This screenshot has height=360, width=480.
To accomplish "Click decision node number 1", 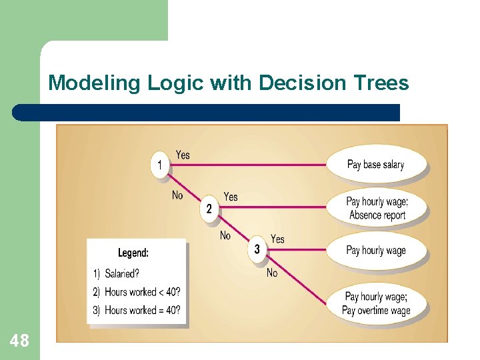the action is click(160, 164).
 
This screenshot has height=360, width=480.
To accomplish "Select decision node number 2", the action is click(209, 209).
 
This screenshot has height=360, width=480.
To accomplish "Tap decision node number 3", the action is click(257, 250).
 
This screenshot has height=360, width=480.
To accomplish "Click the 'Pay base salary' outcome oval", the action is click(375, 165).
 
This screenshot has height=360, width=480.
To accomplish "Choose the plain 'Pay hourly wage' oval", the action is click(375, 251).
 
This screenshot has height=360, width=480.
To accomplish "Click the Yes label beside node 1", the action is click(182, 155).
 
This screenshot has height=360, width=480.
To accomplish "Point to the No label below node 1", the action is click(177, 195).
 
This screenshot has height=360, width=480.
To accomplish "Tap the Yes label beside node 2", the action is click(231, 197).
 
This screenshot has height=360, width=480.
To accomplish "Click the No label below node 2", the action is click(225, 235).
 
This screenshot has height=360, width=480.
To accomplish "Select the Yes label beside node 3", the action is click(277, 239).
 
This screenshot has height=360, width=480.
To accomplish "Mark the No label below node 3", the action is click(272, 273).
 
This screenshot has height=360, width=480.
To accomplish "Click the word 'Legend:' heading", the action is click(133, 253).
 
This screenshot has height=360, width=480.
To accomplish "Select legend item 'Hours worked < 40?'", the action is click(137, 292).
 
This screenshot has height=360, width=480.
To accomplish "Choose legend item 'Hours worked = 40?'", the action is click(137, 310).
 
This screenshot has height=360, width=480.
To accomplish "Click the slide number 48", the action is click(20, 341).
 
